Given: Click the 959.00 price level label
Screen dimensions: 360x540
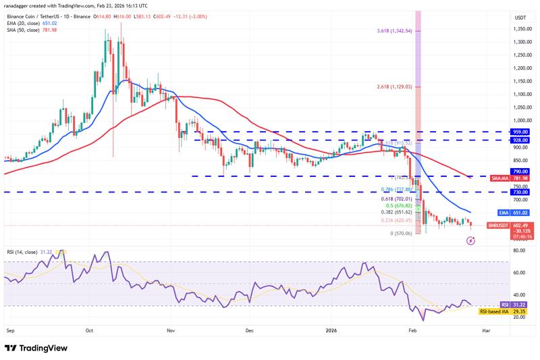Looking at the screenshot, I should (x=524, y=132).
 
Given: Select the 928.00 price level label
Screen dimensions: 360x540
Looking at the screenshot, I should (x=524, y=140).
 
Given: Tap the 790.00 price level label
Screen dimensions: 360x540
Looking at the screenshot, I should (x=524, y=172).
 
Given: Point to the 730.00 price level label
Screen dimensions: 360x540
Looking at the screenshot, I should (x=524, y=192).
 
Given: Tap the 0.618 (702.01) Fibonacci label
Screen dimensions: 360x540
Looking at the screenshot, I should (x=396, y=199).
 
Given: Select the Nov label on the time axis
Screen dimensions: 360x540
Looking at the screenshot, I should (x=171, y=331).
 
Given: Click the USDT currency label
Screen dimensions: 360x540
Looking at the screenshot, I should (x=520, y=18).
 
